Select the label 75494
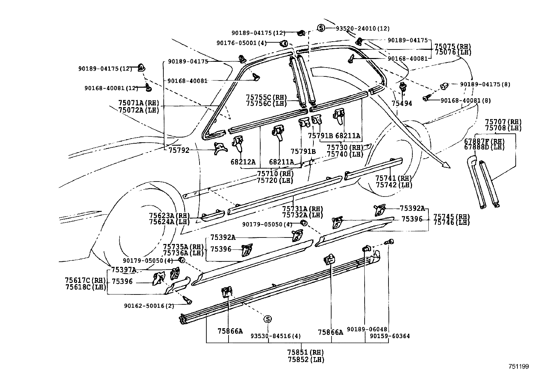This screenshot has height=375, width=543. click(402, 103)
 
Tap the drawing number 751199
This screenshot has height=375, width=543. click(518, 367)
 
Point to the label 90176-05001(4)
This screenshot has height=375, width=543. click(241, 43)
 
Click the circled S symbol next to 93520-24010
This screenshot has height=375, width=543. click(321, 28)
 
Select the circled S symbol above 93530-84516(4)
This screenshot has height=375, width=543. click(268, 319)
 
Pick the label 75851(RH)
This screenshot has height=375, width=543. click(305, 352)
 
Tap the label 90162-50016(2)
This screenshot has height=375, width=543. click(149, 306)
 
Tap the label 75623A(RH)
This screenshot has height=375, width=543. click(169, 216)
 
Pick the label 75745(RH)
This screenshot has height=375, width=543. click(452, 217)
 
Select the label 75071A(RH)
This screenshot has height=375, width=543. click(138, 103)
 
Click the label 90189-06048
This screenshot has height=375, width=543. click(367, 329)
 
